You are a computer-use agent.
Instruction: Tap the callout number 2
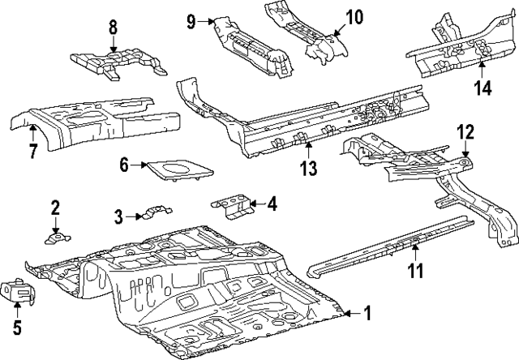tap(55, 208)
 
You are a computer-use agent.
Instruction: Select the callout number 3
tap(118, 216)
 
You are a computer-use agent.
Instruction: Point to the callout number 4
tap(271, 204)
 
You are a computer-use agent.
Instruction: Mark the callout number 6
tap(125, 165)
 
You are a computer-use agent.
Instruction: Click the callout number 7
tap(33, 152)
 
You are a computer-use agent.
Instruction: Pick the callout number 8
tap(114, 29)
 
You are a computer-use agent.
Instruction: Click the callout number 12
tap(464, 131)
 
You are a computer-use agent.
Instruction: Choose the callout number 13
tap(308, 168)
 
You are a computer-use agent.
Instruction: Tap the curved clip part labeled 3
tap(152, 214)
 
